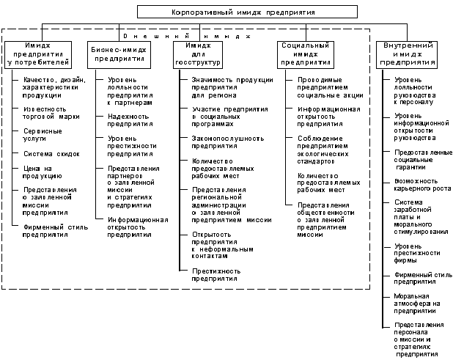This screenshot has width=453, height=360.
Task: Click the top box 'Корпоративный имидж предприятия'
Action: (x=226, y=12)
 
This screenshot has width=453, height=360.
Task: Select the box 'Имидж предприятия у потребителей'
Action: (x=42, y=54)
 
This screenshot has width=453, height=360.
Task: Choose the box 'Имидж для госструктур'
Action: (x=202, y=54)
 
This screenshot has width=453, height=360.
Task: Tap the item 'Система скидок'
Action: (x=51, y=154)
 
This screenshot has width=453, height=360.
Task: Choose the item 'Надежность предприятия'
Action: (x=130, y=120)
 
